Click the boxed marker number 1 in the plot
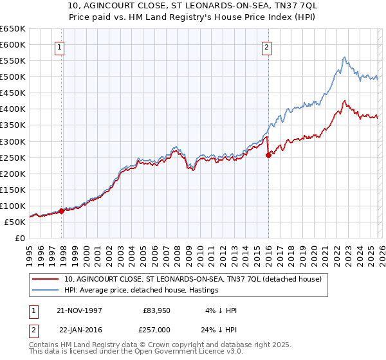59,46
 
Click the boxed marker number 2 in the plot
266,46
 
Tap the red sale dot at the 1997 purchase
62,210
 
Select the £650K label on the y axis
13,29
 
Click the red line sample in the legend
47,279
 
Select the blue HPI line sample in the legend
47,291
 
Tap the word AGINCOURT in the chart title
127,4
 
